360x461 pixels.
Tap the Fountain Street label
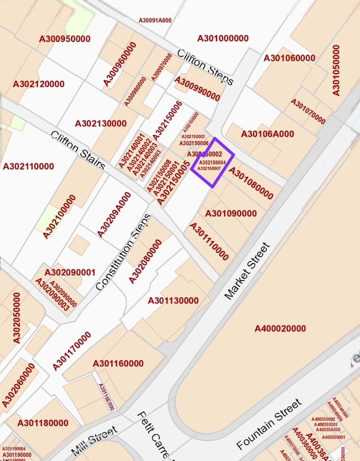269,424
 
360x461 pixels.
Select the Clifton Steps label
205,67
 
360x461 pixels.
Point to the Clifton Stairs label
77,150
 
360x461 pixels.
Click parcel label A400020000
280,329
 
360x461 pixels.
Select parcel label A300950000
65,39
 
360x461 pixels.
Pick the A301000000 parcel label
223,39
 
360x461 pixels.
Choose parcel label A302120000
39,84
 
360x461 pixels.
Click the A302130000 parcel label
101,124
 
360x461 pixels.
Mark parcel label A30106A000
267,134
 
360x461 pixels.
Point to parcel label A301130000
173,301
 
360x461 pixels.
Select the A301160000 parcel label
118,363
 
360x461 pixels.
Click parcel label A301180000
43,423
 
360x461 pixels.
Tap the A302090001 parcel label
70,272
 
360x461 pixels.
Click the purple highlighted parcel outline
212,161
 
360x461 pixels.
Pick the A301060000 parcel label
289,58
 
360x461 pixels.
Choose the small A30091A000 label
155,21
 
